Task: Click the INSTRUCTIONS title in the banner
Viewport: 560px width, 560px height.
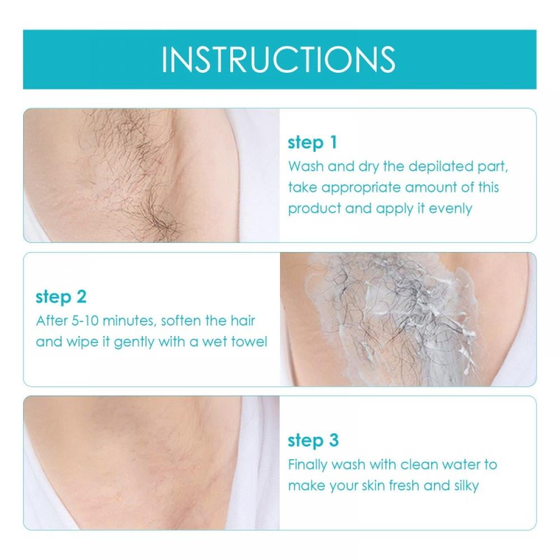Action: (278, 59)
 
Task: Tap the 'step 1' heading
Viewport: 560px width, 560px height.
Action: (312, 143)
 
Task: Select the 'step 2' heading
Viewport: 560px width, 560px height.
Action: (61, 297)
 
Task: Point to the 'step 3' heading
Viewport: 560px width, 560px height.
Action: (313, 440)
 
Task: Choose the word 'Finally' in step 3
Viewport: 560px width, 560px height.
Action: (308, 464)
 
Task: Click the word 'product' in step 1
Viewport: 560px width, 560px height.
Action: (310, 209)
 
